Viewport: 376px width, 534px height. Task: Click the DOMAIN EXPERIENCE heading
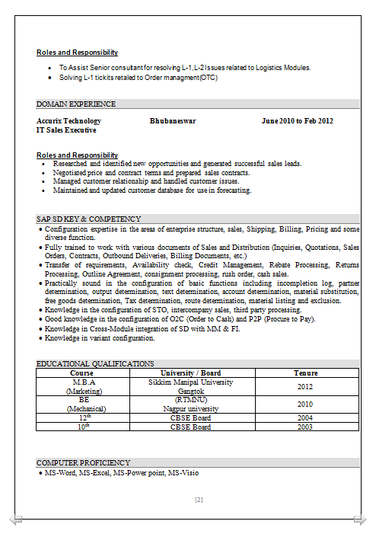click(x=76, y=104)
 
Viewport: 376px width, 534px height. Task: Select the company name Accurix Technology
click(x=69, y=121)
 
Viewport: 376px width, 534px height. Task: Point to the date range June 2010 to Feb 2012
click(x=297, y=121)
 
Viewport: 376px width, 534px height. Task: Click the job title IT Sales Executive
click(x=67, y=130)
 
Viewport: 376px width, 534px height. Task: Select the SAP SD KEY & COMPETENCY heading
click(x=88, y=219)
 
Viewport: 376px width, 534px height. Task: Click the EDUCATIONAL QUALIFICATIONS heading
click(x=95, y=364)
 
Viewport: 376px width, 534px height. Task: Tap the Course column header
click(x=82, y=373)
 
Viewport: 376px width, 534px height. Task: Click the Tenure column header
click(x=305, y=373)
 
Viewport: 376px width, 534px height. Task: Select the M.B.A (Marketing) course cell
click(x=82, y=386)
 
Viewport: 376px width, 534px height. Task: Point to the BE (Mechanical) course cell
click(x=82, y=404)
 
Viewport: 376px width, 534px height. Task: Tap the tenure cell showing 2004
click(x=305, y=417)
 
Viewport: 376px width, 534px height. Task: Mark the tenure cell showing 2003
click(x=305, y=427)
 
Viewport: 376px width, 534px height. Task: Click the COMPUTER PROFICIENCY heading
click(x=84, y=462)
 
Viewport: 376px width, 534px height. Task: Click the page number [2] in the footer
click(x=199, y=500)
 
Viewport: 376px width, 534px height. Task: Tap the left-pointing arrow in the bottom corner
click(x=16, y=520)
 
